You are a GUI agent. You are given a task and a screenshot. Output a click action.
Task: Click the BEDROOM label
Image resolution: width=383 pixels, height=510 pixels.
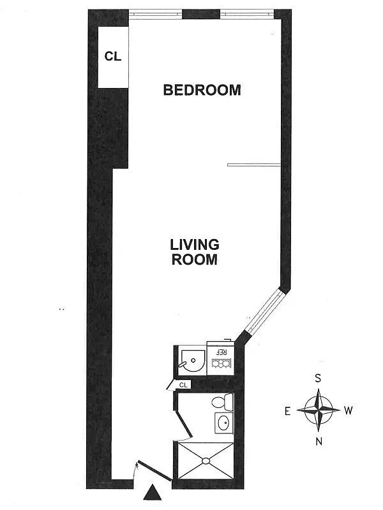[202, 90]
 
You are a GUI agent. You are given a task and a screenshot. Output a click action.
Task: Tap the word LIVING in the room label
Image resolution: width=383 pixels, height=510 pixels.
[195, 244]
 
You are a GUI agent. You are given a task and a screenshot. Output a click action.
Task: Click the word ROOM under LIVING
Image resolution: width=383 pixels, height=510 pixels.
[195, 259]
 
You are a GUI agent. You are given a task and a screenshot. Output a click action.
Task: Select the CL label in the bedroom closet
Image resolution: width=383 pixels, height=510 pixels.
[113, 56]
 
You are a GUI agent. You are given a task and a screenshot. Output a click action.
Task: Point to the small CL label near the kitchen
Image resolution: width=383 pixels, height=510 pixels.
[183, 384]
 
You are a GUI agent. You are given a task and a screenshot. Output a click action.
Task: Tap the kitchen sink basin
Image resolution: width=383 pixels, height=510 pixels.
[191, 361]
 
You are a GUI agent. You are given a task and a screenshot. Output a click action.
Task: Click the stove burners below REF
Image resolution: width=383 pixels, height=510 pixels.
[222, 365]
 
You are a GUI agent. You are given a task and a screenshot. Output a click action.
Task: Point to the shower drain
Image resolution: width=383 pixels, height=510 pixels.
[206, 460]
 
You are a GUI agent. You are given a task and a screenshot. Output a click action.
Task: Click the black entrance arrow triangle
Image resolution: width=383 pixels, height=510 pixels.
[152, 493]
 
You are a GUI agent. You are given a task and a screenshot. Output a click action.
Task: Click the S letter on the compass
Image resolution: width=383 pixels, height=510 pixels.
[318, 378]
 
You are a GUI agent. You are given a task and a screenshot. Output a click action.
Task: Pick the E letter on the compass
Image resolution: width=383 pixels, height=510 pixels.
[289, 411]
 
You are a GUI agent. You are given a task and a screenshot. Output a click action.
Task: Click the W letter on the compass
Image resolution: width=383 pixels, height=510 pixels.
[349, 411]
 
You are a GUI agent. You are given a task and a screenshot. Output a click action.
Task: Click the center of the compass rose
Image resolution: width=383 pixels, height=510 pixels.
[318, 410]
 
